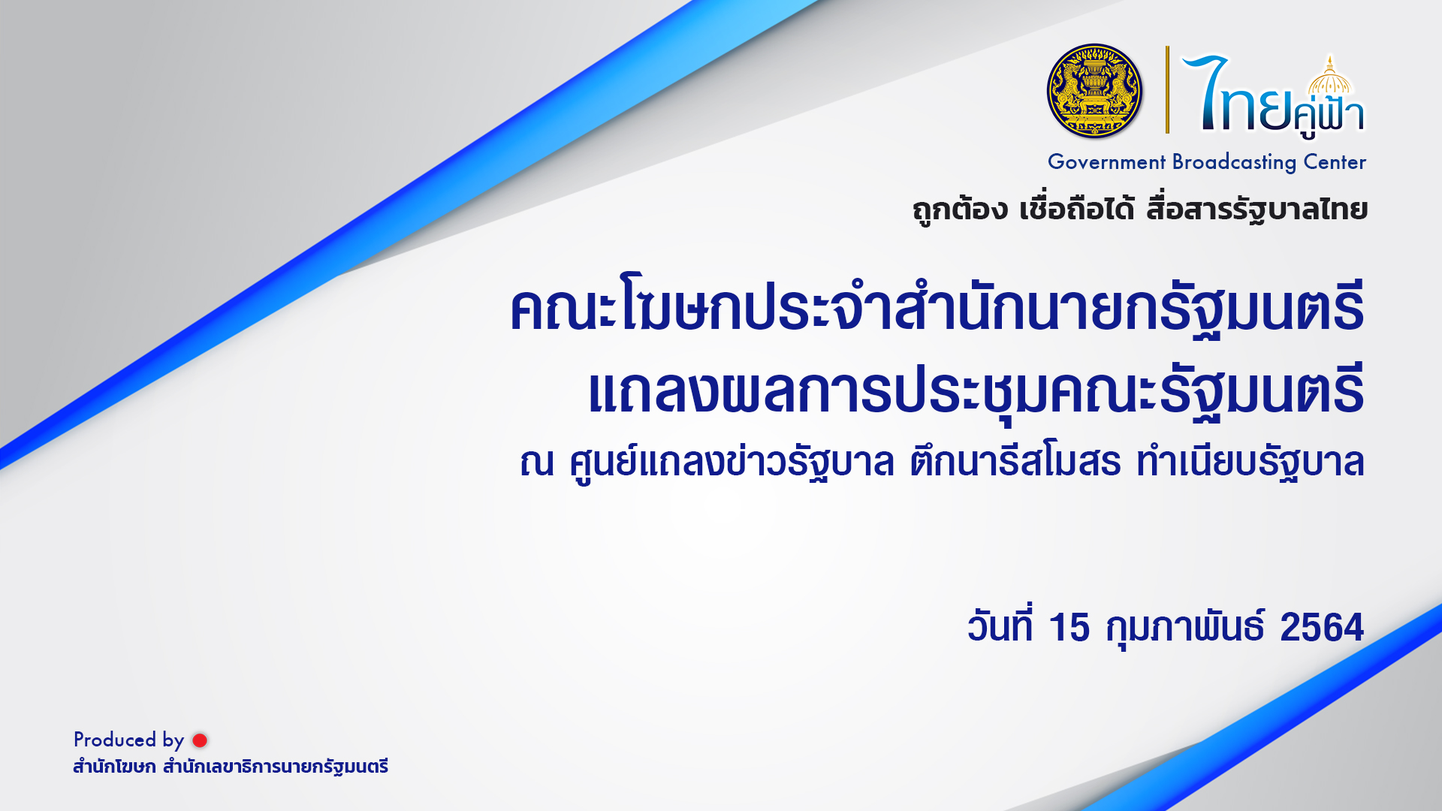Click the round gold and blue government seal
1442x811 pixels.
[1094, 91]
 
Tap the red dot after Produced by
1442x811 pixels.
[200, 740]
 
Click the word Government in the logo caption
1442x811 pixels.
[1106, 162]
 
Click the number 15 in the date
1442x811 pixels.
[1069, 627]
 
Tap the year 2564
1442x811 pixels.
[1321, 627]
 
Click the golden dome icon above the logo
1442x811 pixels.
[1329, 76]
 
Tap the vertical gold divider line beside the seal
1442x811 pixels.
[1167, 89]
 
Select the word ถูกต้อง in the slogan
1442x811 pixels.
[960, 210]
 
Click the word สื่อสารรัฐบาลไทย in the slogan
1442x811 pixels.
[1256, 210]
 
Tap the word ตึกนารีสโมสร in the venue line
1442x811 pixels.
[1015, 462]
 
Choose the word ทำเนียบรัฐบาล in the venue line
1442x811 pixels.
[1250, 462]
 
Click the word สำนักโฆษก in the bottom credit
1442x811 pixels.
[114, 767]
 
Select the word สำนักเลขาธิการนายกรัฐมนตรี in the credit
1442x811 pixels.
[276, 767]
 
